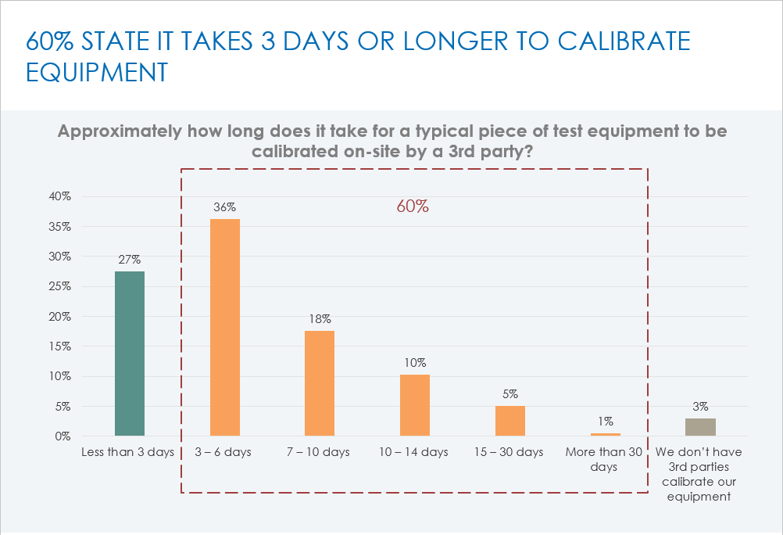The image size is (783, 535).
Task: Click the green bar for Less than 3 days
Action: point(130,354)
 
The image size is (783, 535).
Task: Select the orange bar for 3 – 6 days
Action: point(225,327)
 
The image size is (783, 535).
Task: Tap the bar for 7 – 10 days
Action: point(320,383)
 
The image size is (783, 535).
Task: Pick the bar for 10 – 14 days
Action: point(415,405)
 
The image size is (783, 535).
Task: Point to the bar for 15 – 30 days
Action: point(510,421)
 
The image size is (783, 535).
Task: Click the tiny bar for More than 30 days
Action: point(606,434)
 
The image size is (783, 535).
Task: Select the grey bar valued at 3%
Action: point(700,427)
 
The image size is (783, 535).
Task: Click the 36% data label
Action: point(225,207)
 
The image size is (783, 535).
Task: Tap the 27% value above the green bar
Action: point(130,260)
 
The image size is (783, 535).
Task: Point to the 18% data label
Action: point(320,319)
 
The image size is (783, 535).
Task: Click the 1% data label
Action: point(606,422)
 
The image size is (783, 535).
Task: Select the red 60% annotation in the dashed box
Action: point(412,207)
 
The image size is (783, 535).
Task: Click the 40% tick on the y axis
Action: point(60,197)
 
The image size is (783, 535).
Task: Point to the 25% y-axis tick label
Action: point(60,287)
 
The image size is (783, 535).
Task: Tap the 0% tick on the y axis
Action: point(63,436)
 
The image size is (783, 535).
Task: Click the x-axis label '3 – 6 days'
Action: point(223,452)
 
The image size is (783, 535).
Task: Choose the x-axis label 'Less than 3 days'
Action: point(128,452)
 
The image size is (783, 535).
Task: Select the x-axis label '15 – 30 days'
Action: point(509,452)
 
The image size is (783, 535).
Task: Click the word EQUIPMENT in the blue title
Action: point(97,71)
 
